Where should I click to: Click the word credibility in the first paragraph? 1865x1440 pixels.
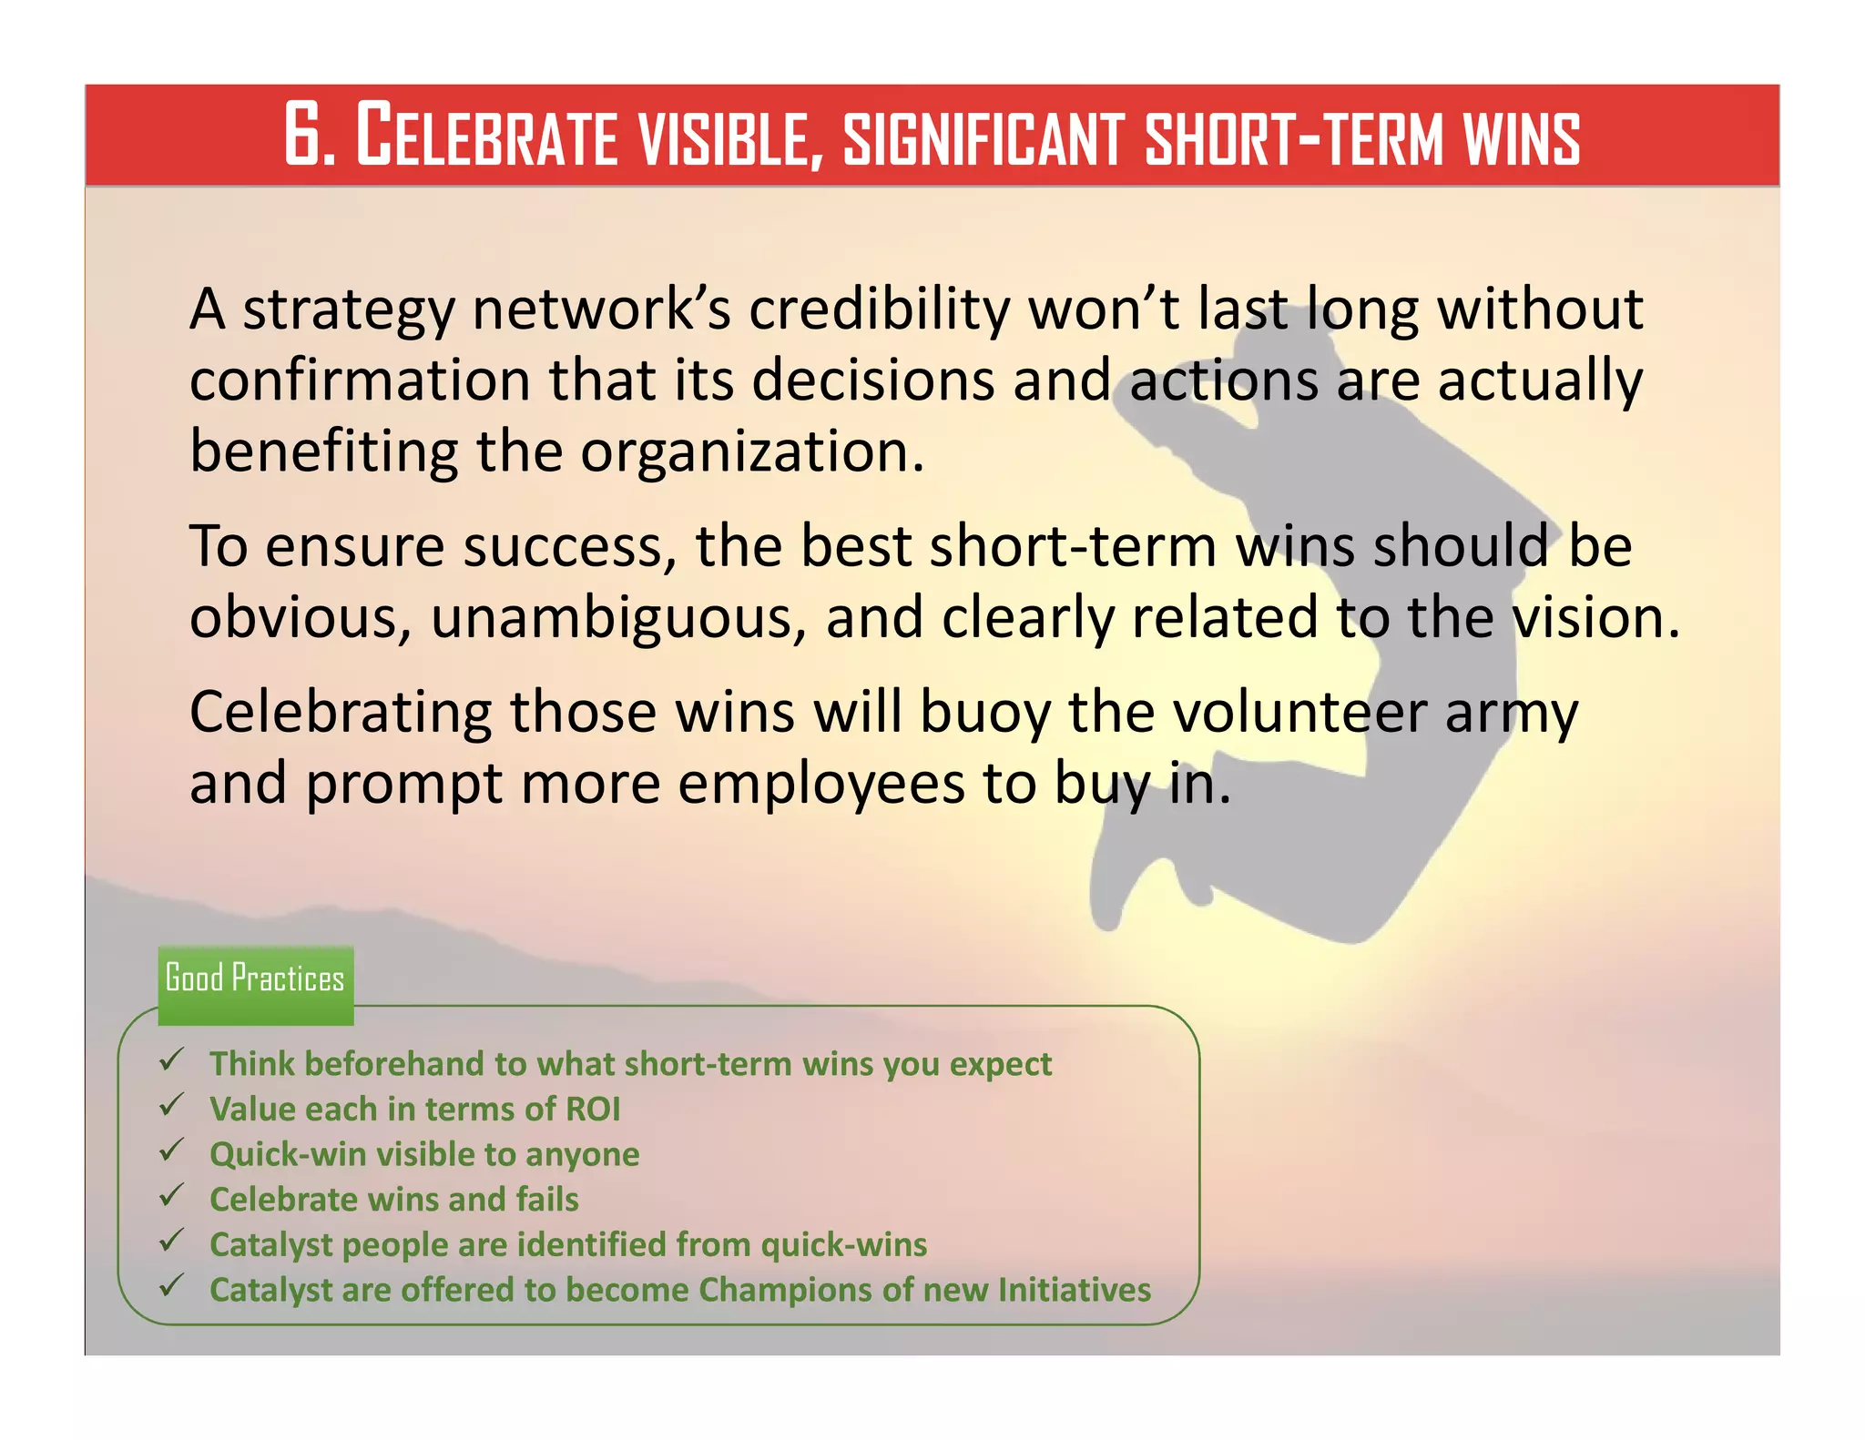click(x=879, y=309)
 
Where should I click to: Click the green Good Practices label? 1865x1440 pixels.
click(x=255, y=979)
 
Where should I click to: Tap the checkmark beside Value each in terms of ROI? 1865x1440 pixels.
click(x=171, y=1106)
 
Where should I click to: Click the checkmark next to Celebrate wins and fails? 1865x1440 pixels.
click(x=171, y=1196)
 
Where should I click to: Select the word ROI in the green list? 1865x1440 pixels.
click(x=593, y=1110)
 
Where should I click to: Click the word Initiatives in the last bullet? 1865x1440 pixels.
click(x=1074, y=1290)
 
